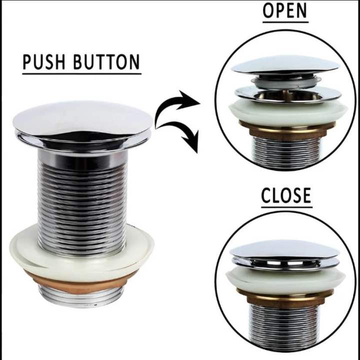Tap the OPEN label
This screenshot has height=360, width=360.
pyautogui.click(x=285, y=11)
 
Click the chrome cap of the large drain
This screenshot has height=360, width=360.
pyautogui.click(x=82, y=117)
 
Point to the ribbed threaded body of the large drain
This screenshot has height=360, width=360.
pyautogui.click(x=82, y=200)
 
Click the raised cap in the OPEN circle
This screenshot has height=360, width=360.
pyautogui.click(x=285, y=64)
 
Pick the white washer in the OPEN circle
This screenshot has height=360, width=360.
pyautogui.click(x=285, y=112)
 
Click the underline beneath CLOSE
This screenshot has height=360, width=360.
pyautogui.click(x=286, y=207)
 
